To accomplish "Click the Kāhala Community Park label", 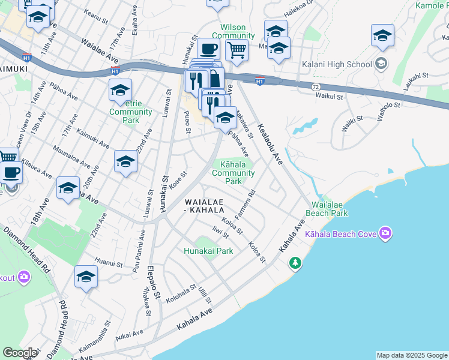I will pyautogui.click(x=234, y=172).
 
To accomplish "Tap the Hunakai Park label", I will pyautogui.click(x=208, y=251).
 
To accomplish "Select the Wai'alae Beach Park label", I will pyautogui.click(x=327, y=209).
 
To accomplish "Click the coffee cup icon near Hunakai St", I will pyautogui.click(x=208, y=49).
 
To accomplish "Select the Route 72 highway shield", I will pyautogui.click(x=315, y=87).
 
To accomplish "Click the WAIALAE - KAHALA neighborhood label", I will pyautogui.click(x=204, y=206).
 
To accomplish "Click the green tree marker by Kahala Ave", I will pyautogui.click(x=295, y=263).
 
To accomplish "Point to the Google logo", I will pyautogui.click(x=19, y=353).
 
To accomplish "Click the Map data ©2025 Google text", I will pyautogui.click(x=411, y=355).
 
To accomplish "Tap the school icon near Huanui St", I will pyautogui.click(x=86, y=277).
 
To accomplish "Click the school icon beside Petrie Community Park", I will pyautogui.click(x=120, y=91).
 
